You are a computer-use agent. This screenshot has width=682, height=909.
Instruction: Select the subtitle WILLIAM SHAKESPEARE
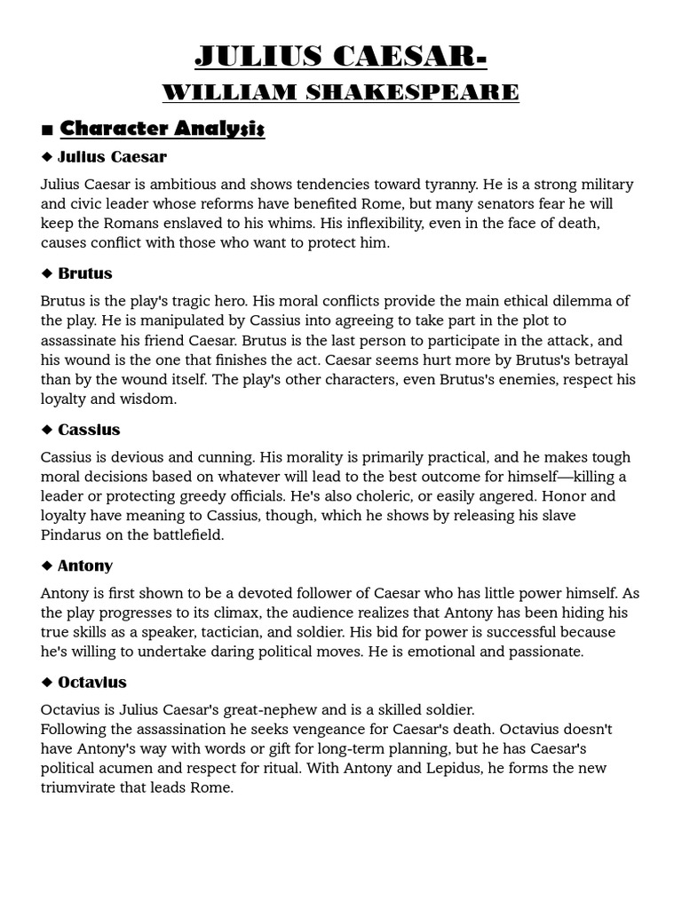[x=341, y=91]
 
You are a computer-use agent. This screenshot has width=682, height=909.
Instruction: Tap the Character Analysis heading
[x=162, y=129]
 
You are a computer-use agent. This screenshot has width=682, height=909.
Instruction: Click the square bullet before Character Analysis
[x=47, y=130]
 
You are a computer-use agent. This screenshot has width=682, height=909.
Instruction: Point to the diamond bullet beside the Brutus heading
[x=47, y=273]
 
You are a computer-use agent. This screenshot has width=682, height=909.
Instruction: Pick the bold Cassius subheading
[x=89, y=430]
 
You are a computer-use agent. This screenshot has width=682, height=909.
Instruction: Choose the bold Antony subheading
[x=85, y=565]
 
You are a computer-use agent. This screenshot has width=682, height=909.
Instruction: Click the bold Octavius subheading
[x=92, y=683]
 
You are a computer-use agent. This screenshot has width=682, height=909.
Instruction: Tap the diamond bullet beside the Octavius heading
[x=47, y=683]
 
